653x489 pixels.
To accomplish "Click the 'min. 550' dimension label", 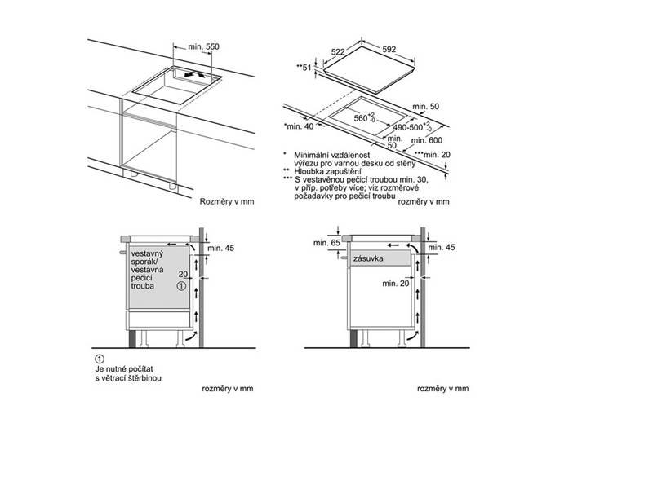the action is tap(203, 46).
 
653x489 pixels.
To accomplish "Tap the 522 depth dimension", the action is tap(338, 51).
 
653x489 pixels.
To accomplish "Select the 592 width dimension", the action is tap(389, 49).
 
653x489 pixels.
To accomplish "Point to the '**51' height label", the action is tap(304, 68).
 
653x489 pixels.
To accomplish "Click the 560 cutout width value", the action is tap(361, 118).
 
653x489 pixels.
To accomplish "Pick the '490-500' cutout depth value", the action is tap(407, 127).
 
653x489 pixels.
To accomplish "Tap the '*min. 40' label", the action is tap(298, 126).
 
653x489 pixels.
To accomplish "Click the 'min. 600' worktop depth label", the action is tap(427, 140).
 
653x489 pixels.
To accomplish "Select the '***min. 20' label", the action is tap(433, 155).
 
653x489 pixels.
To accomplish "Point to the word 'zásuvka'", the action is tap(368, 258).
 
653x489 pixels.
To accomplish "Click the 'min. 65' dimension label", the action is tap(327, 242).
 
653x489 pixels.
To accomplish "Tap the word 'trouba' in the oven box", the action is tap(142, 286).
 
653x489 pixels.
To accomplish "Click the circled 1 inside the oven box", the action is tap(181, 286).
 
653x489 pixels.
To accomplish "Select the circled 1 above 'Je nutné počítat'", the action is tap(100, 359).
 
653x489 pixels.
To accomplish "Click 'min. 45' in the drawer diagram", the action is tap(442, 248).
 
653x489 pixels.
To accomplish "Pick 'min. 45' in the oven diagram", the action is tap(220, 248).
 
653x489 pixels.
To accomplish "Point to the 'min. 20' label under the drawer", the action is tap(396, 284).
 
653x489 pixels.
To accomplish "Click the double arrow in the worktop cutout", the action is tap(194, 75).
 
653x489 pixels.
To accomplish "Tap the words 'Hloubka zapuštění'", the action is tap(328, 171).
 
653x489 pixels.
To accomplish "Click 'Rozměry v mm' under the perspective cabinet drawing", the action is tap(227, 201).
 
